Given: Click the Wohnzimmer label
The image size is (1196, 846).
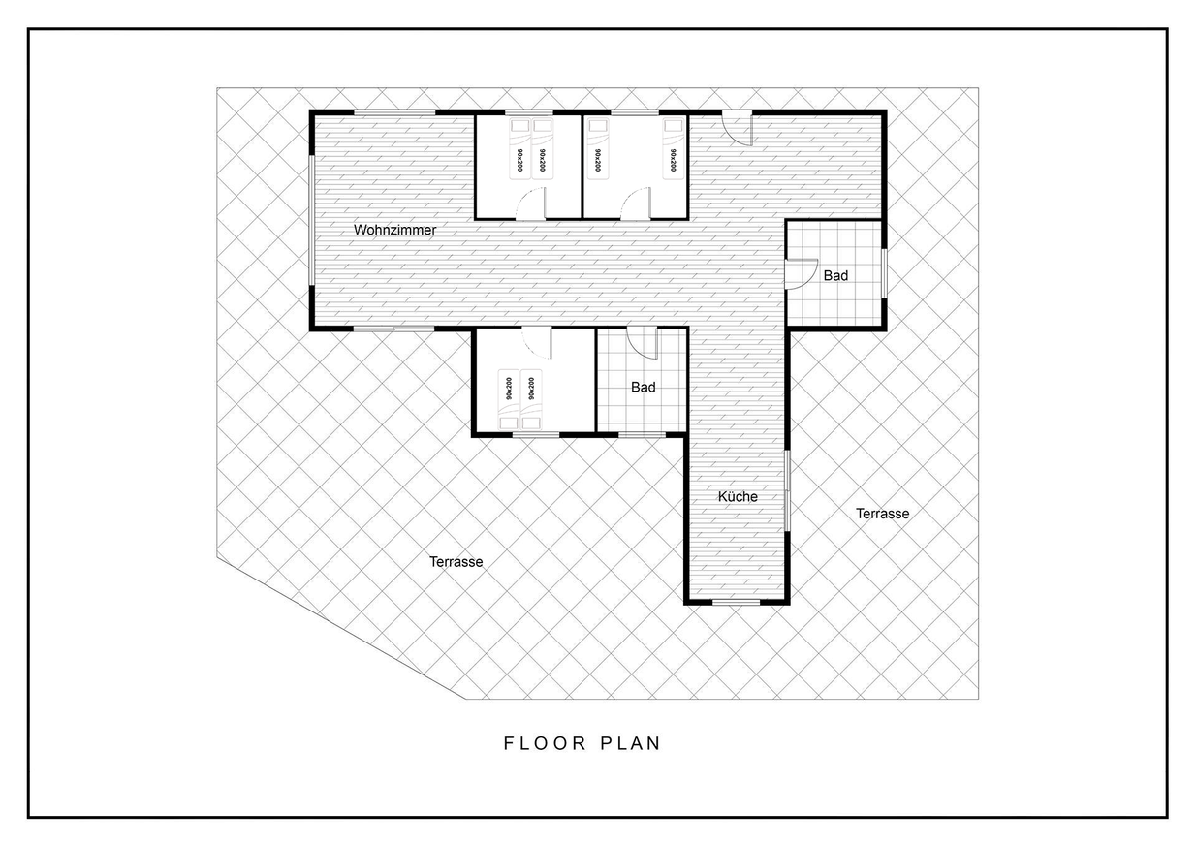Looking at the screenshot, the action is pyautogui.click(x=394, y=230).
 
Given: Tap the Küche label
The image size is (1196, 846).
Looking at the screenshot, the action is pyautogui.click(x=738, y=497).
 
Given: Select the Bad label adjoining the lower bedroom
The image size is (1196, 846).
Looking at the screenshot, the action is pyautogui.click(x=643, y=387).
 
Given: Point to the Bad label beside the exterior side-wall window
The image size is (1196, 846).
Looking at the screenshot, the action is pyautogui.click(x=835, y=275).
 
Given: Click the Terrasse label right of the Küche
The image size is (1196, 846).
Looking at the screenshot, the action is pyautogui.click(x=883, y=514).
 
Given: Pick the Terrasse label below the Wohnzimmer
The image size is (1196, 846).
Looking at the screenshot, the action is pyautogui.click(x=456, y=561).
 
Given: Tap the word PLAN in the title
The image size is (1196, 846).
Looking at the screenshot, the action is pyautogui.click(x=631, y=743).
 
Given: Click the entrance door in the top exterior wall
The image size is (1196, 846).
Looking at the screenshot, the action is pyautogui.click(x=738, y=128).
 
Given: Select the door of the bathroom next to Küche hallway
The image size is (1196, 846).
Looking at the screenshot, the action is pyautogui.click(x=643, y=343).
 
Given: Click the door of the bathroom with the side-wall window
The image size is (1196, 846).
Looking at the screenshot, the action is pyautogui.click(x=802, y=274).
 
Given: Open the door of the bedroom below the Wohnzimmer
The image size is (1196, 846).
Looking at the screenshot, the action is pyautogui.click(x=537, y=343).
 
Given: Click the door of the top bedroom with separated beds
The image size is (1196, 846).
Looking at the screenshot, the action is pyautogui.click(x=636, y=204).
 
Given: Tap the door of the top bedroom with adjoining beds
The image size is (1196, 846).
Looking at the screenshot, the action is pyautogui.click(x=531, y=204).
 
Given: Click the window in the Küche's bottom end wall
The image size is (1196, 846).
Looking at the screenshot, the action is pyautogui.click(x=737, y=602).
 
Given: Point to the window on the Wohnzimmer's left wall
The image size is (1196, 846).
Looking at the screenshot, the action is pyautogui.click(x=311, y=220).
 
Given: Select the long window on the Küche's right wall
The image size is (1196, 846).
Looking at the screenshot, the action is pyautogui.click(x=787, y=490).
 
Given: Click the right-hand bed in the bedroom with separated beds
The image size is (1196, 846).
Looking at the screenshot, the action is pyautogui.click(x=674, y=149).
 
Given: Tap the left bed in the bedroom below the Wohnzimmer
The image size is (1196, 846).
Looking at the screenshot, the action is pyautogui.click(x=509, y=399).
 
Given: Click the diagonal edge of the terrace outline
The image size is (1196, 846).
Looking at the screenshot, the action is pyautogui.click(x=340, y=628).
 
